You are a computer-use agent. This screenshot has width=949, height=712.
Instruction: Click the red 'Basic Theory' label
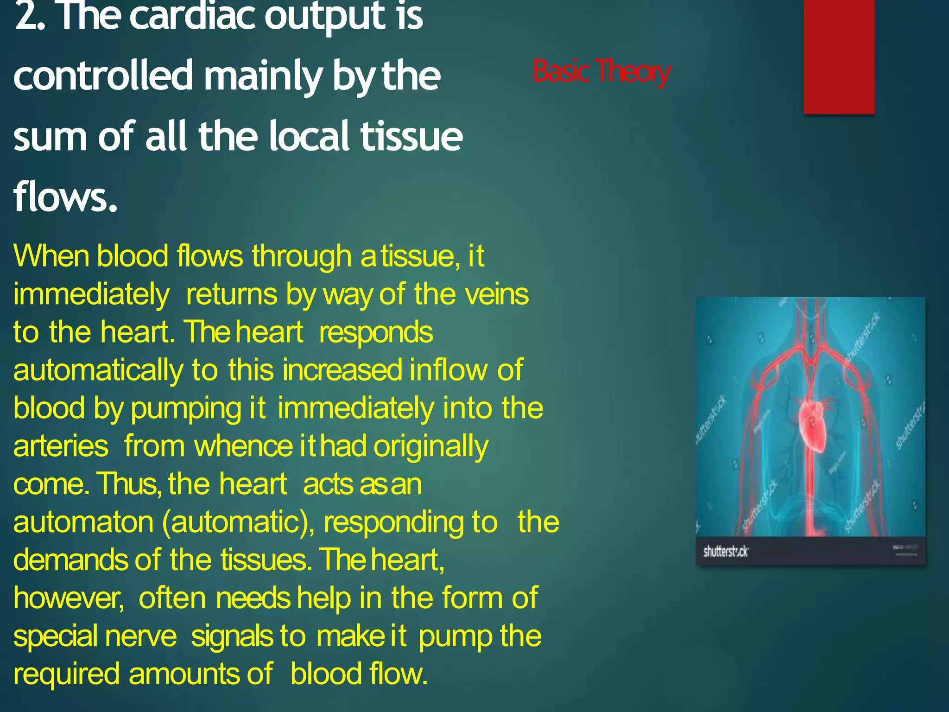coord(601,71)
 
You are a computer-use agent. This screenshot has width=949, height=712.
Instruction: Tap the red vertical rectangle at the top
coord(839,56)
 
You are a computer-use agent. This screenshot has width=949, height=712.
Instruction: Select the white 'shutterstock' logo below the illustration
coord(725,551)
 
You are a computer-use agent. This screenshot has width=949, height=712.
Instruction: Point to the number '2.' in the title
coord(30,18)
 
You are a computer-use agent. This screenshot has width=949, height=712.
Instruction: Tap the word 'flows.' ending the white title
coord(65,197)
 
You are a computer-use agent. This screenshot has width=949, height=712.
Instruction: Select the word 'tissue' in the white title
coord(411,136)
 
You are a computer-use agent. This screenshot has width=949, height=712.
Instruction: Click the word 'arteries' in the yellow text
coord(61,446)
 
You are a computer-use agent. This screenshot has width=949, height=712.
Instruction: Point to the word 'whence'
coord(243,446)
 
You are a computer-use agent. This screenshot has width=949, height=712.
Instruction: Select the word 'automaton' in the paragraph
coord(83,522)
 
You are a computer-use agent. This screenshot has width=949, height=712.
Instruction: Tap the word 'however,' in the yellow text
coord(69,598)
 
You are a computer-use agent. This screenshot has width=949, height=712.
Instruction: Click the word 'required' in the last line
coord(66,674)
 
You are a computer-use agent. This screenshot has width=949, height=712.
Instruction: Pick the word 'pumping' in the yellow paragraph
coord(186,409)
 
